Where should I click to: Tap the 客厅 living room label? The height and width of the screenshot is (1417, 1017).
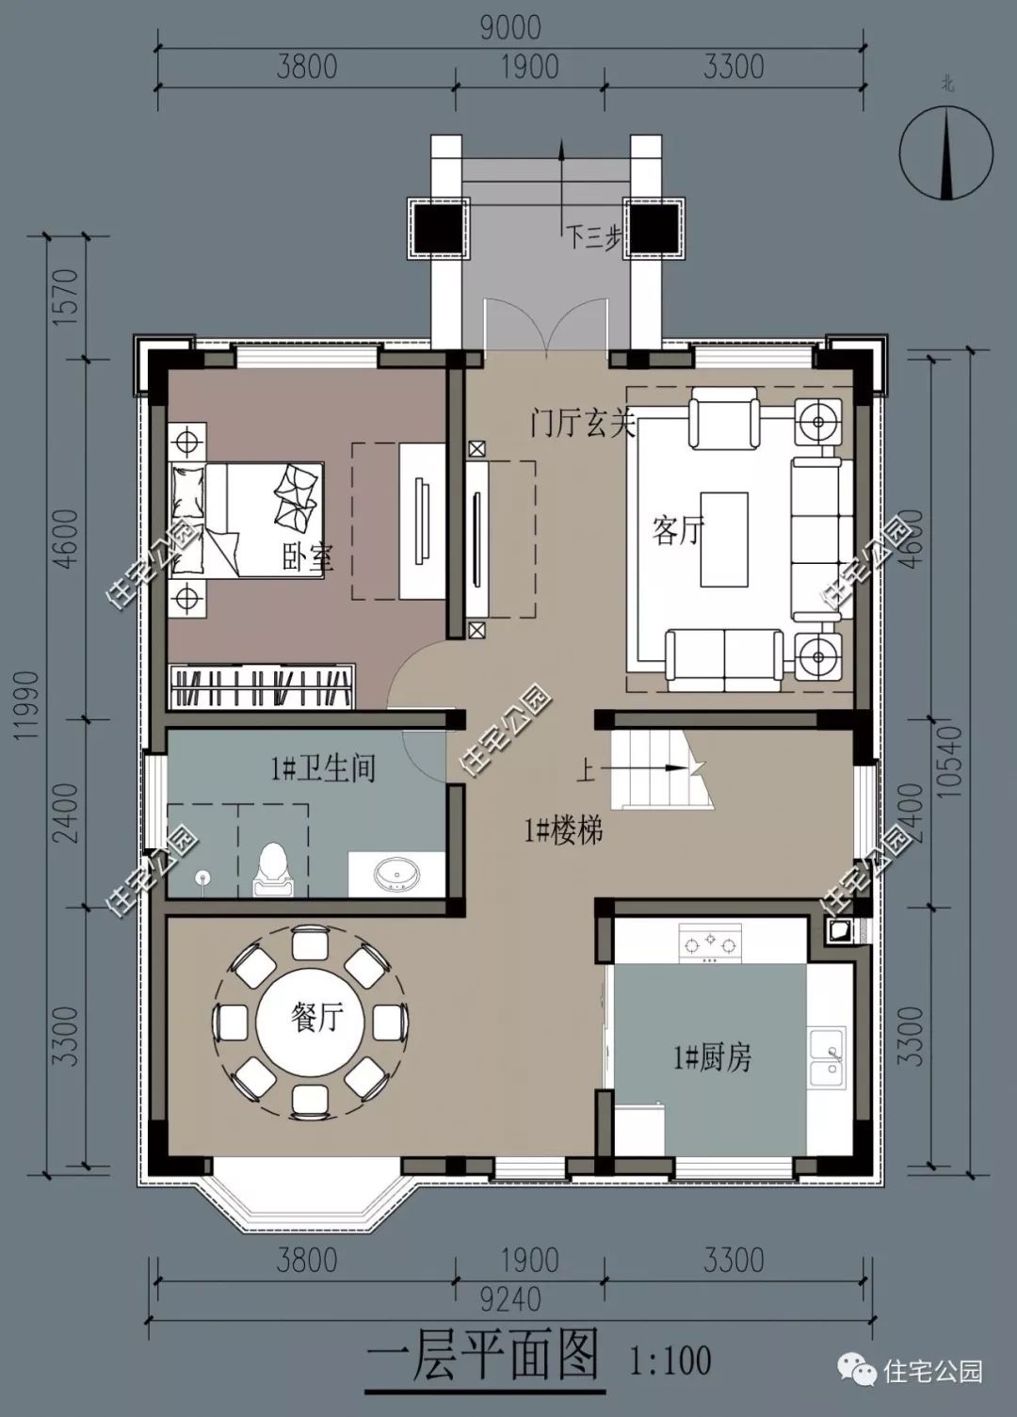coord(678,530)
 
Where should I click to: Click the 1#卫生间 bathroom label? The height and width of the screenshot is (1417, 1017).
coord(323,769)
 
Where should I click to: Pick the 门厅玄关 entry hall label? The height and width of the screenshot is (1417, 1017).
coord(583,423)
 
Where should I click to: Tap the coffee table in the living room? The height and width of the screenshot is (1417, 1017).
coord(724,539)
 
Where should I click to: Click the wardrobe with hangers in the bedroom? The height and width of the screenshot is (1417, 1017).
coord(262,686)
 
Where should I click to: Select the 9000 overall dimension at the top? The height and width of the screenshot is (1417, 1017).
coord(510,28)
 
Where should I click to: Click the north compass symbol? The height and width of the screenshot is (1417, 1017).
coord(946,153)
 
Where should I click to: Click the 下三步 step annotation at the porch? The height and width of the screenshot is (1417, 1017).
coord(593,238)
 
